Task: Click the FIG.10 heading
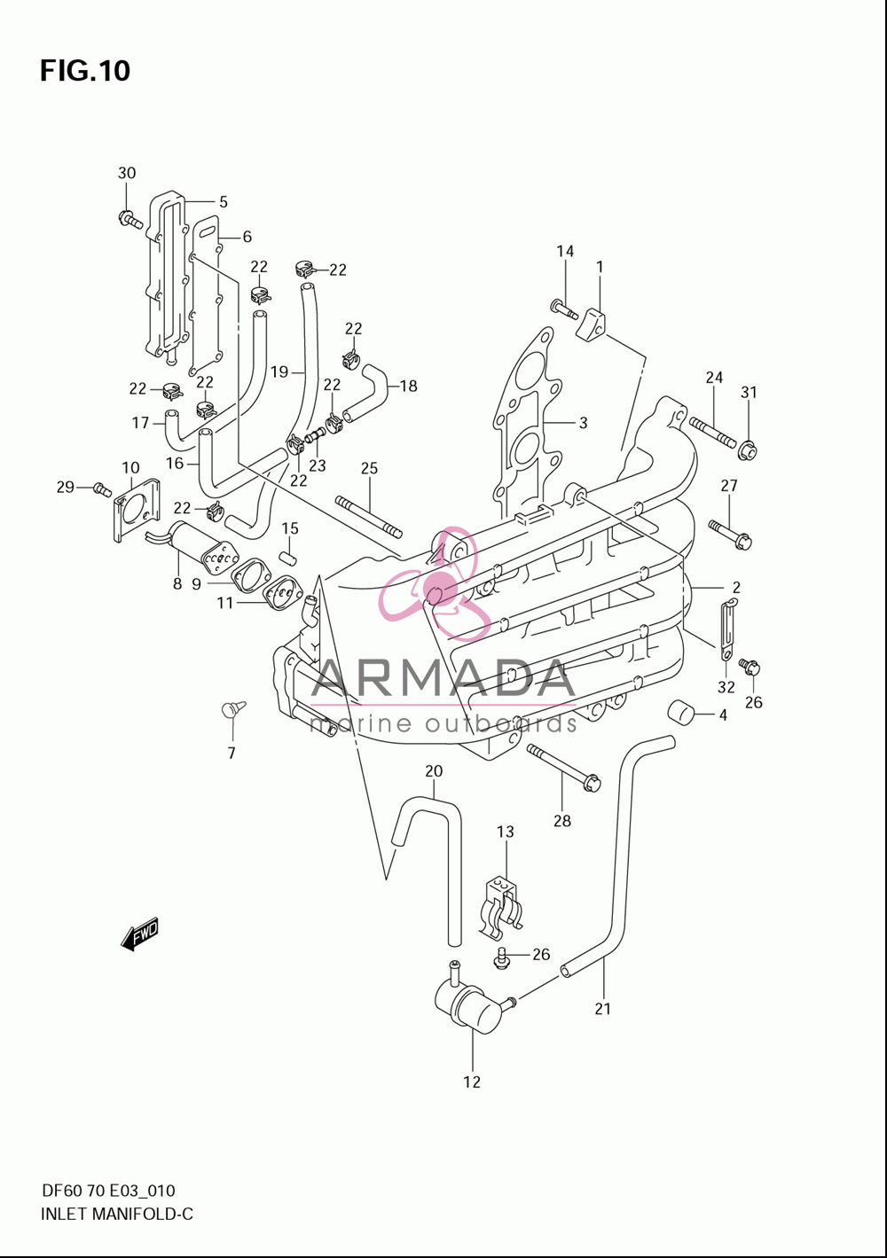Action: click(x=85, y=71)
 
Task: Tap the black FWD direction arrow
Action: click(x=140, y=934)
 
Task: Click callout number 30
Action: click(x=127, y=173)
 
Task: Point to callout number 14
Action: click(x=565, y=251)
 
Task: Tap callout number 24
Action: click(x=714, y=378)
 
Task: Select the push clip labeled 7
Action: click(x=232, y=708)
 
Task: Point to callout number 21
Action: click(x=602, y=1009)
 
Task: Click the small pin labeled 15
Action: click(x=289, y=559)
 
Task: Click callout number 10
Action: click(x=130, y=467)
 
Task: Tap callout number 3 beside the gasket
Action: click(x=583, y=422)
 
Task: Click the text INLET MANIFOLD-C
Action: click(x=117, y=1215)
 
